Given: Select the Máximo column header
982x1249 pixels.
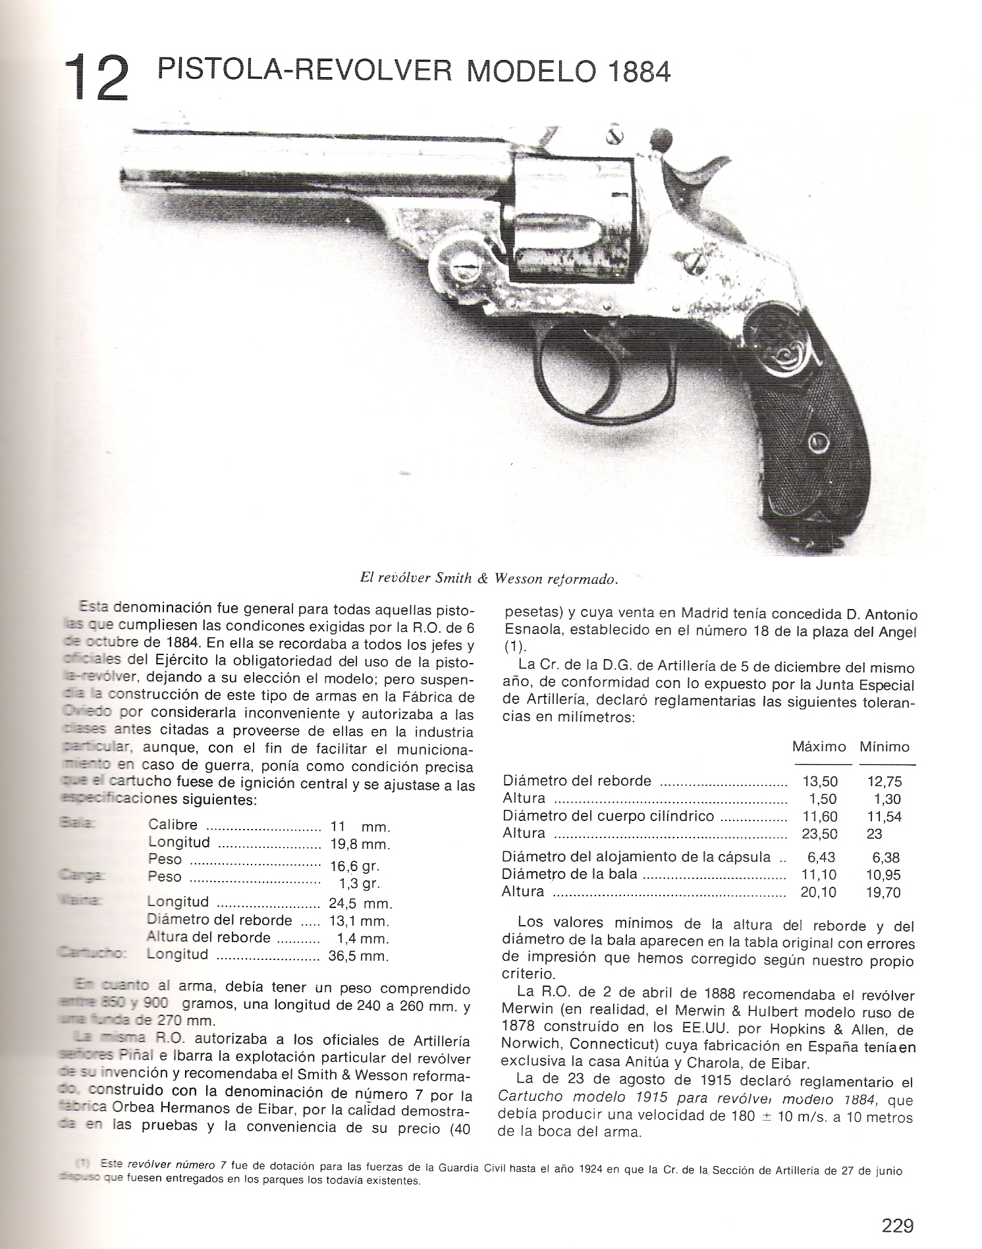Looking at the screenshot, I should pyautogui.click(x=819, y=747).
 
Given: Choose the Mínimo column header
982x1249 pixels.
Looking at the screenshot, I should pyautogui.click(x=884, y=747).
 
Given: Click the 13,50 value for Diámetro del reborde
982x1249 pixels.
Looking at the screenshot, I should pyautogui.click(x=820, y=782).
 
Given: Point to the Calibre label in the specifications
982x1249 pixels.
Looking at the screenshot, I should pyautogui.click(x=173, y=825).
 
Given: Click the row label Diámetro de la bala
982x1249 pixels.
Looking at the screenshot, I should pyautogui.click(x=570, y=874).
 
